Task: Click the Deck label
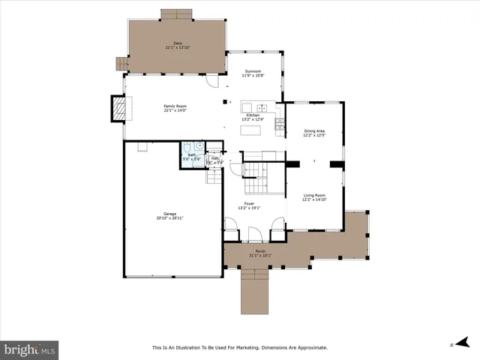178,43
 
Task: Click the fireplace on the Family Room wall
118,109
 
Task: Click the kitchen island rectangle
250,130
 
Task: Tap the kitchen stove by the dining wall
280,124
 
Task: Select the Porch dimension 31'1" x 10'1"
260,255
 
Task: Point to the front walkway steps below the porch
255,292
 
